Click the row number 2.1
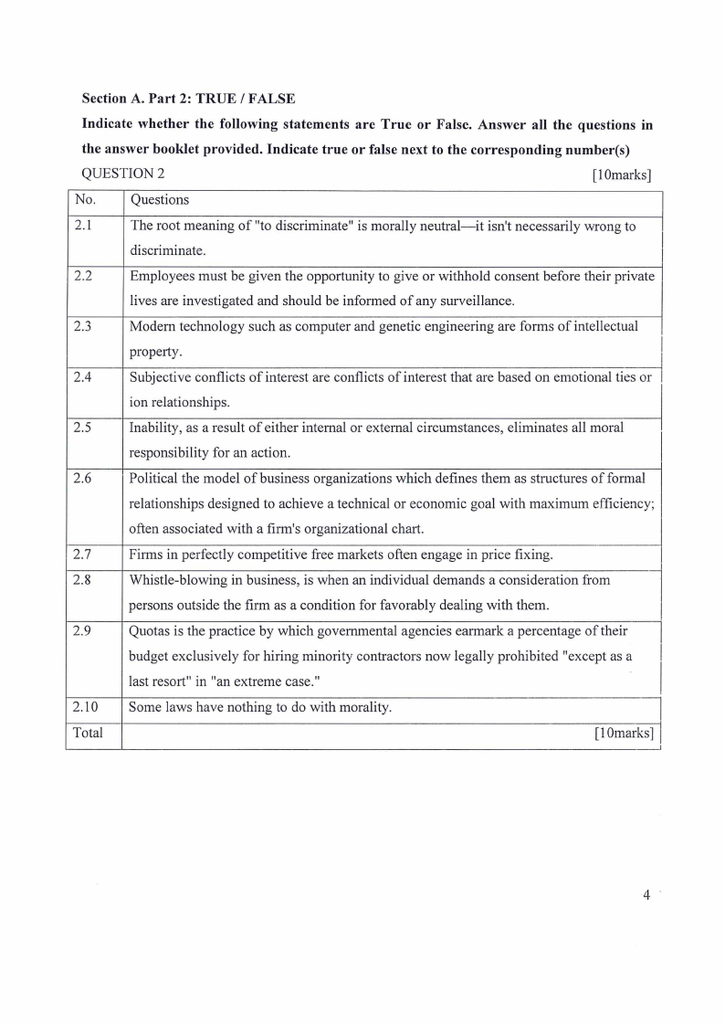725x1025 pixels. (82, 226)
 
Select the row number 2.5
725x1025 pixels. (82, 427)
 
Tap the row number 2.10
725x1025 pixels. (86, 706)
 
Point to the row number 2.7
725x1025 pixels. (82, 555)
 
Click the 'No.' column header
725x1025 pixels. (84, 199)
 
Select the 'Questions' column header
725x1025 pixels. (160, 199)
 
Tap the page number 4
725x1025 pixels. (646, 895)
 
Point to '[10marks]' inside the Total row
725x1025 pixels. (625, 733)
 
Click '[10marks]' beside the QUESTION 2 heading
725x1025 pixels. (621, 174)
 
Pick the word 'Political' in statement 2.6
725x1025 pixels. (154, 478)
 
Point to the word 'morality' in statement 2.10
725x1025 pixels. (364, 706)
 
